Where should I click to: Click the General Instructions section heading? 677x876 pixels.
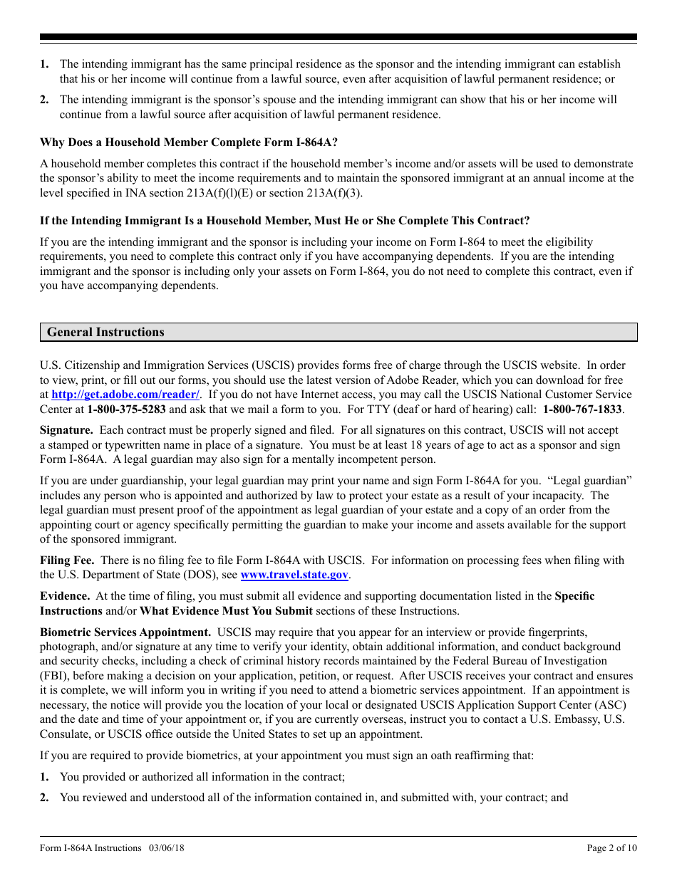(x=105, y=333)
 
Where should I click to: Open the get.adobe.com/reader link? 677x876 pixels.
(x=125, y=395)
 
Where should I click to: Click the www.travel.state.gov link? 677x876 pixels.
(x=294, y=575)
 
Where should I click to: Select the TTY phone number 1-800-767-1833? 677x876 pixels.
(x=583, y=410)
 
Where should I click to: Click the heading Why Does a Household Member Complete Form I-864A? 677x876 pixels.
(x=189, y=142)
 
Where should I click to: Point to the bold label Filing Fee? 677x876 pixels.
(x=66, y=560)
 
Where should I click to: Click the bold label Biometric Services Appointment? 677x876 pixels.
(x=125, y=632)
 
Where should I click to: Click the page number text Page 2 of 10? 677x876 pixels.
(x=611, y=848)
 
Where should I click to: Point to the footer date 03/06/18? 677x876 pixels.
(x=167, y=848)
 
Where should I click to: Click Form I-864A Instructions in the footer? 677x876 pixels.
(x=91, y=848)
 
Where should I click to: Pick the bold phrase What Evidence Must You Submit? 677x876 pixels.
(x=226, y=611)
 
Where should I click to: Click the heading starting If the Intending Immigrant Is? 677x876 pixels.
(x=284, y=221)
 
